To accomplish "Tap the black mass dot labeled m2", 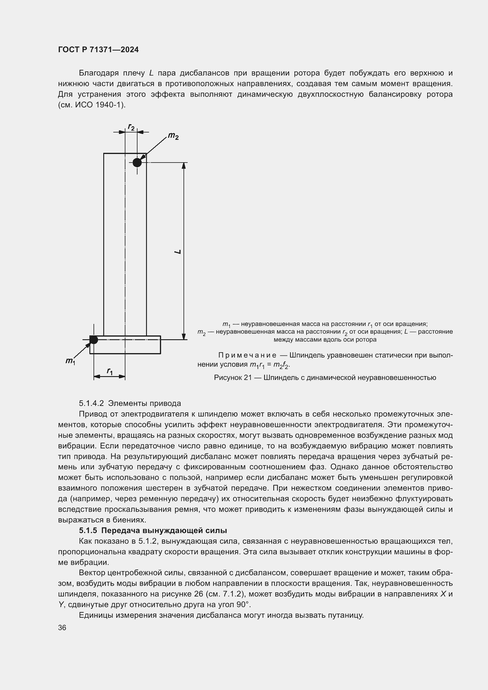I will pyautogui.click(x=137, y=163).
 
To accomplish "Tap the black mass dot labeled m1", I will pyautogui.click(x=94, y=340).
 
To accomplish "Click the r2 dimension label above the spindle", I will pyautogui.click(x=131, y=127).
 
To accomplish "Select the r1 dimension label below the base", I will pyautogui.click(x=110, y=371).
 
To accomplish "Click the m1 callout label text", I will pyautogui.click(x=70, y=361).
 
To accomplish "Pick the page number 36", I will pyautogui.click(x=62, y=628).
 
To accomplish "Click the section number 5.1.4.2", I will pyautogui.click(x=91, y=403).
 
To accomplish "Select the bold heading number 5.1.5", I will pyautogui.click(x=88, y=530).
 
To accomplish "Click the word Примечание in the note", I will pyautogui.click(x=247, y=355).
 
